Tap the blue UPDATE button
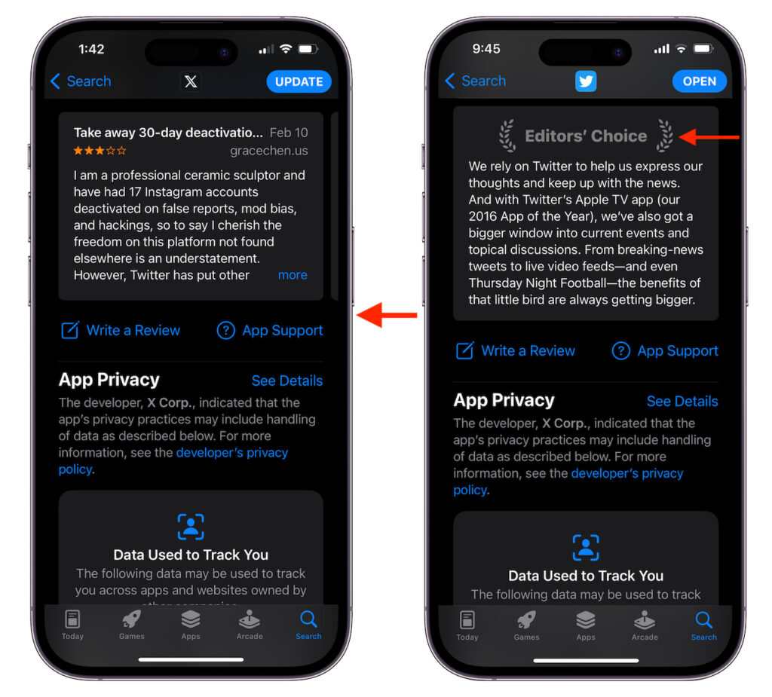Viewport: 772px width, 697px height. pyautogui.click(x=299, y=81)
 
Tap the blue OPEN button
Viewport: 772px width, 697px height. pyautogui.click(x=699, y=81)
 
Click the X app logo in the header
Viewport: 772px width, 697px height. pyautogui.click(x=191, y=81)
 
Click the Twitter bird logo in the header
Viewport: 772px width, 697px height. pyautogui.click(x=586, y=81)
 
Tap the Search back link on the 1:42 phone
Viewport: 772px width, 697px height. pyautogui.click(x=80, y=81)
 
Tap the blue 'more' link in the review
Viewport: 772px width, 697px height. pyautogui.click(x=293, y=275)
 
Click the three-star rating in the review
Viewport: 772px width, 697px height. pyautogui.click(x=100, y=151)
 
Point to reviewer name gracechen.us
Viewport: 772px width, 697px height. pyautogui.click(x=269, y=151)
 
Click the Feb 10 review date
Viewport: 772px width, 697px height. pyautogui.click(x=289, y=133)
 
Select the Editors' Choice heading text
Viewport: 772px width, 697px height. pyautogui.click(x=586, y=136)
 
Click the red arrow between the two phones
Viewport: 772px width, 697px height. pyautogui.click(x=387, y=315)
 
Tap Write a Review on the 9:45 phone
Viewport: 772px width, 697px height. pyautogui.click(x=516, y=350)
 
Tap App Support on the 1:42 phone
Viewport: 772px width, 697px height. pyautogui.click(x=270, y=330)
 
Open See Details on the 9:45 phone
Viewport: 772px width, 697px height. pyautogui.click(x=682, y=401)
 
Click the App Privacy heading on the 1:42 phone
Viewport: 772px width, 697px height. pyautogui.click(x=109, y=380)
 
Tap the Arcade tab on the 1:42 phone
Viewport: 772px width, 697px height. pyautogui.click(x=250, y=625)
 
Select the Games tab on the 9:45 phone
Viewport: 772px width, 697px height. pyautogui.click(x=526, y=625)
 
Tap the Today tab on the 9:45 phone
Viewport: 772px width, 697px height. pyautogui.click(x=467, y=625)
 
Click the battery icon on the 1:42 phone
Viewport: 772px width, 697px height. pyautogui.click(x=308, y=49)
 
